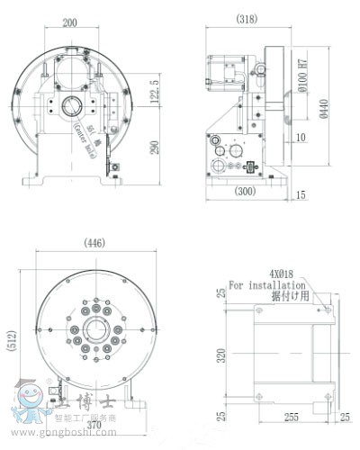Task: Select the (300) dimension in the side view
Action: (242, 192)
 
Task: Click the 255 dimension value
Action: (290, 418)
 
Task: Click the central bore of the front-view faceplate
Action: (87, 331)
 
